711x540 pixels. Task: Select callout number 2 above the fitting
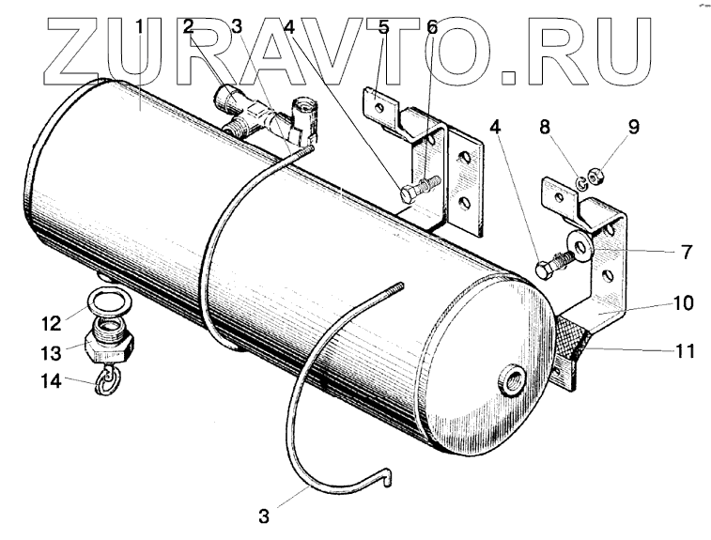pos(189,27)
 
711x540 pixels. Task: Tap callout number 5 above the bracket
pos(382,27)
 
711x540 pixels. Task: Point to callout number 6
pos(431,27)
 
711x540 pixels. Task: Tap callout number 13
pos(50,352)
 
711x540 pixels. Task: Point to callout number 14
pos(50,381)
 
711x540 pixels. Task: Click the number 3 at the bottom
pos(266,515)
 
